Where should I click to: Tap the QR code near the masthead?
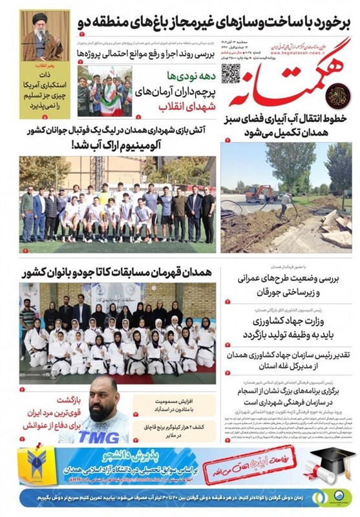[x=231, y=74]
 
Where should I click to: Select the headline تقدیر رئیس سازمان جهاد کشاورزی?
[x=288, y=362]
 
